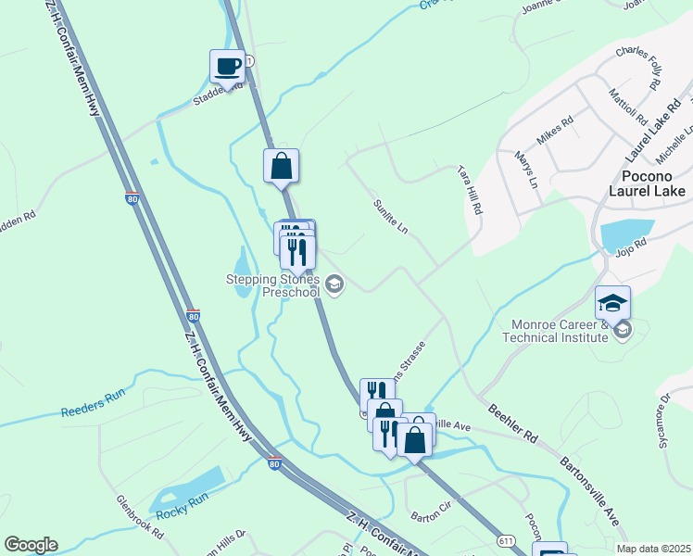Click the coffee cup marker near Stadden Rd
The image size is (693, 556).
(227, 66)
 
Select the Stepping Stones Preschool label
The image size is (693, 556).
(274, 285)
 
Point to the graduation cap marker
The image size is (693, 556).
(612, 302)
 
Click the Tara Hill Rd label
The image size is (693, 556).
(471, 191)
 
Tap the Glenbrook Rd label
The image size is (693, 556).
(139, 517)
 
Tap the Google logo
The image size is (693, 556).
(31, 545)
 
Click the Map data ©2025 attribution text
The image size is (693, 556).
(654, 549)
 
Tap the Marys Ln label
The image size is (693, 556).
(526, 170)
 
